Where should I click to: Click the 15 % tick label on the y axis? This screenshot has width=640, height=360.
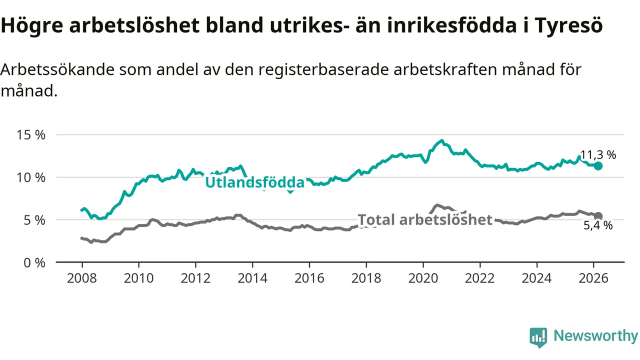click(x=31, y=135)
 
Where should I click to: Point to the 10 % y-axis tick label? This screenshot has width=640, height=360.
click(x=31, y=177)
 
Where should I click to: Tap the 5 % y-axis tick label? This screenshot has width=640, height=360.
click(x=34, y=220)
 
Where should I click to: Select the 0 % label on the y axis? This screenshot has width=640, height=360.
click(x=34, y=262)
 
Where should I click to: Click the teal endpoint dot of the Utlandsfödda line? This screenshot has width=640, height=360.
click(x=598, y=165)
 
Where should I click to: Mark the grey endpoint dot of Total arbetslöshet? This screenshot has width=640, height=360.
click(x=598, y=216)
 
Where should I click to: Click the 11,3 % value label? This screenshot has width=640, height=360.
click(x=598, y=155)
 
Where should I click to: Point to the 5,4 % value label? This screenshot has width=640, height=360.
click(x=598, y=225)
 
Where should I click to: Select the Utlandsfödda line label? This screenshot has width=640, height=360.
click(x=254, y=183)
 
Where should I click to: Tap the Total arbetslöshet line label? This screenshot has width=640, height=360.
click(x=425, y=220)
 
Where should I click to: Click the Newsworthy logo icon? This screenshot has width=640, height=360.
click(x=538, y=337)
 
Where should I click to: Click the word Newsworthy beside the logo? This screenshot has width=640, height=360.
click(x=595, y=336)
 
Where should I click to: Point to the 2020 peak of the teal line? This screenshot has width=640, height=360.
click(x=441, y=140)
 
